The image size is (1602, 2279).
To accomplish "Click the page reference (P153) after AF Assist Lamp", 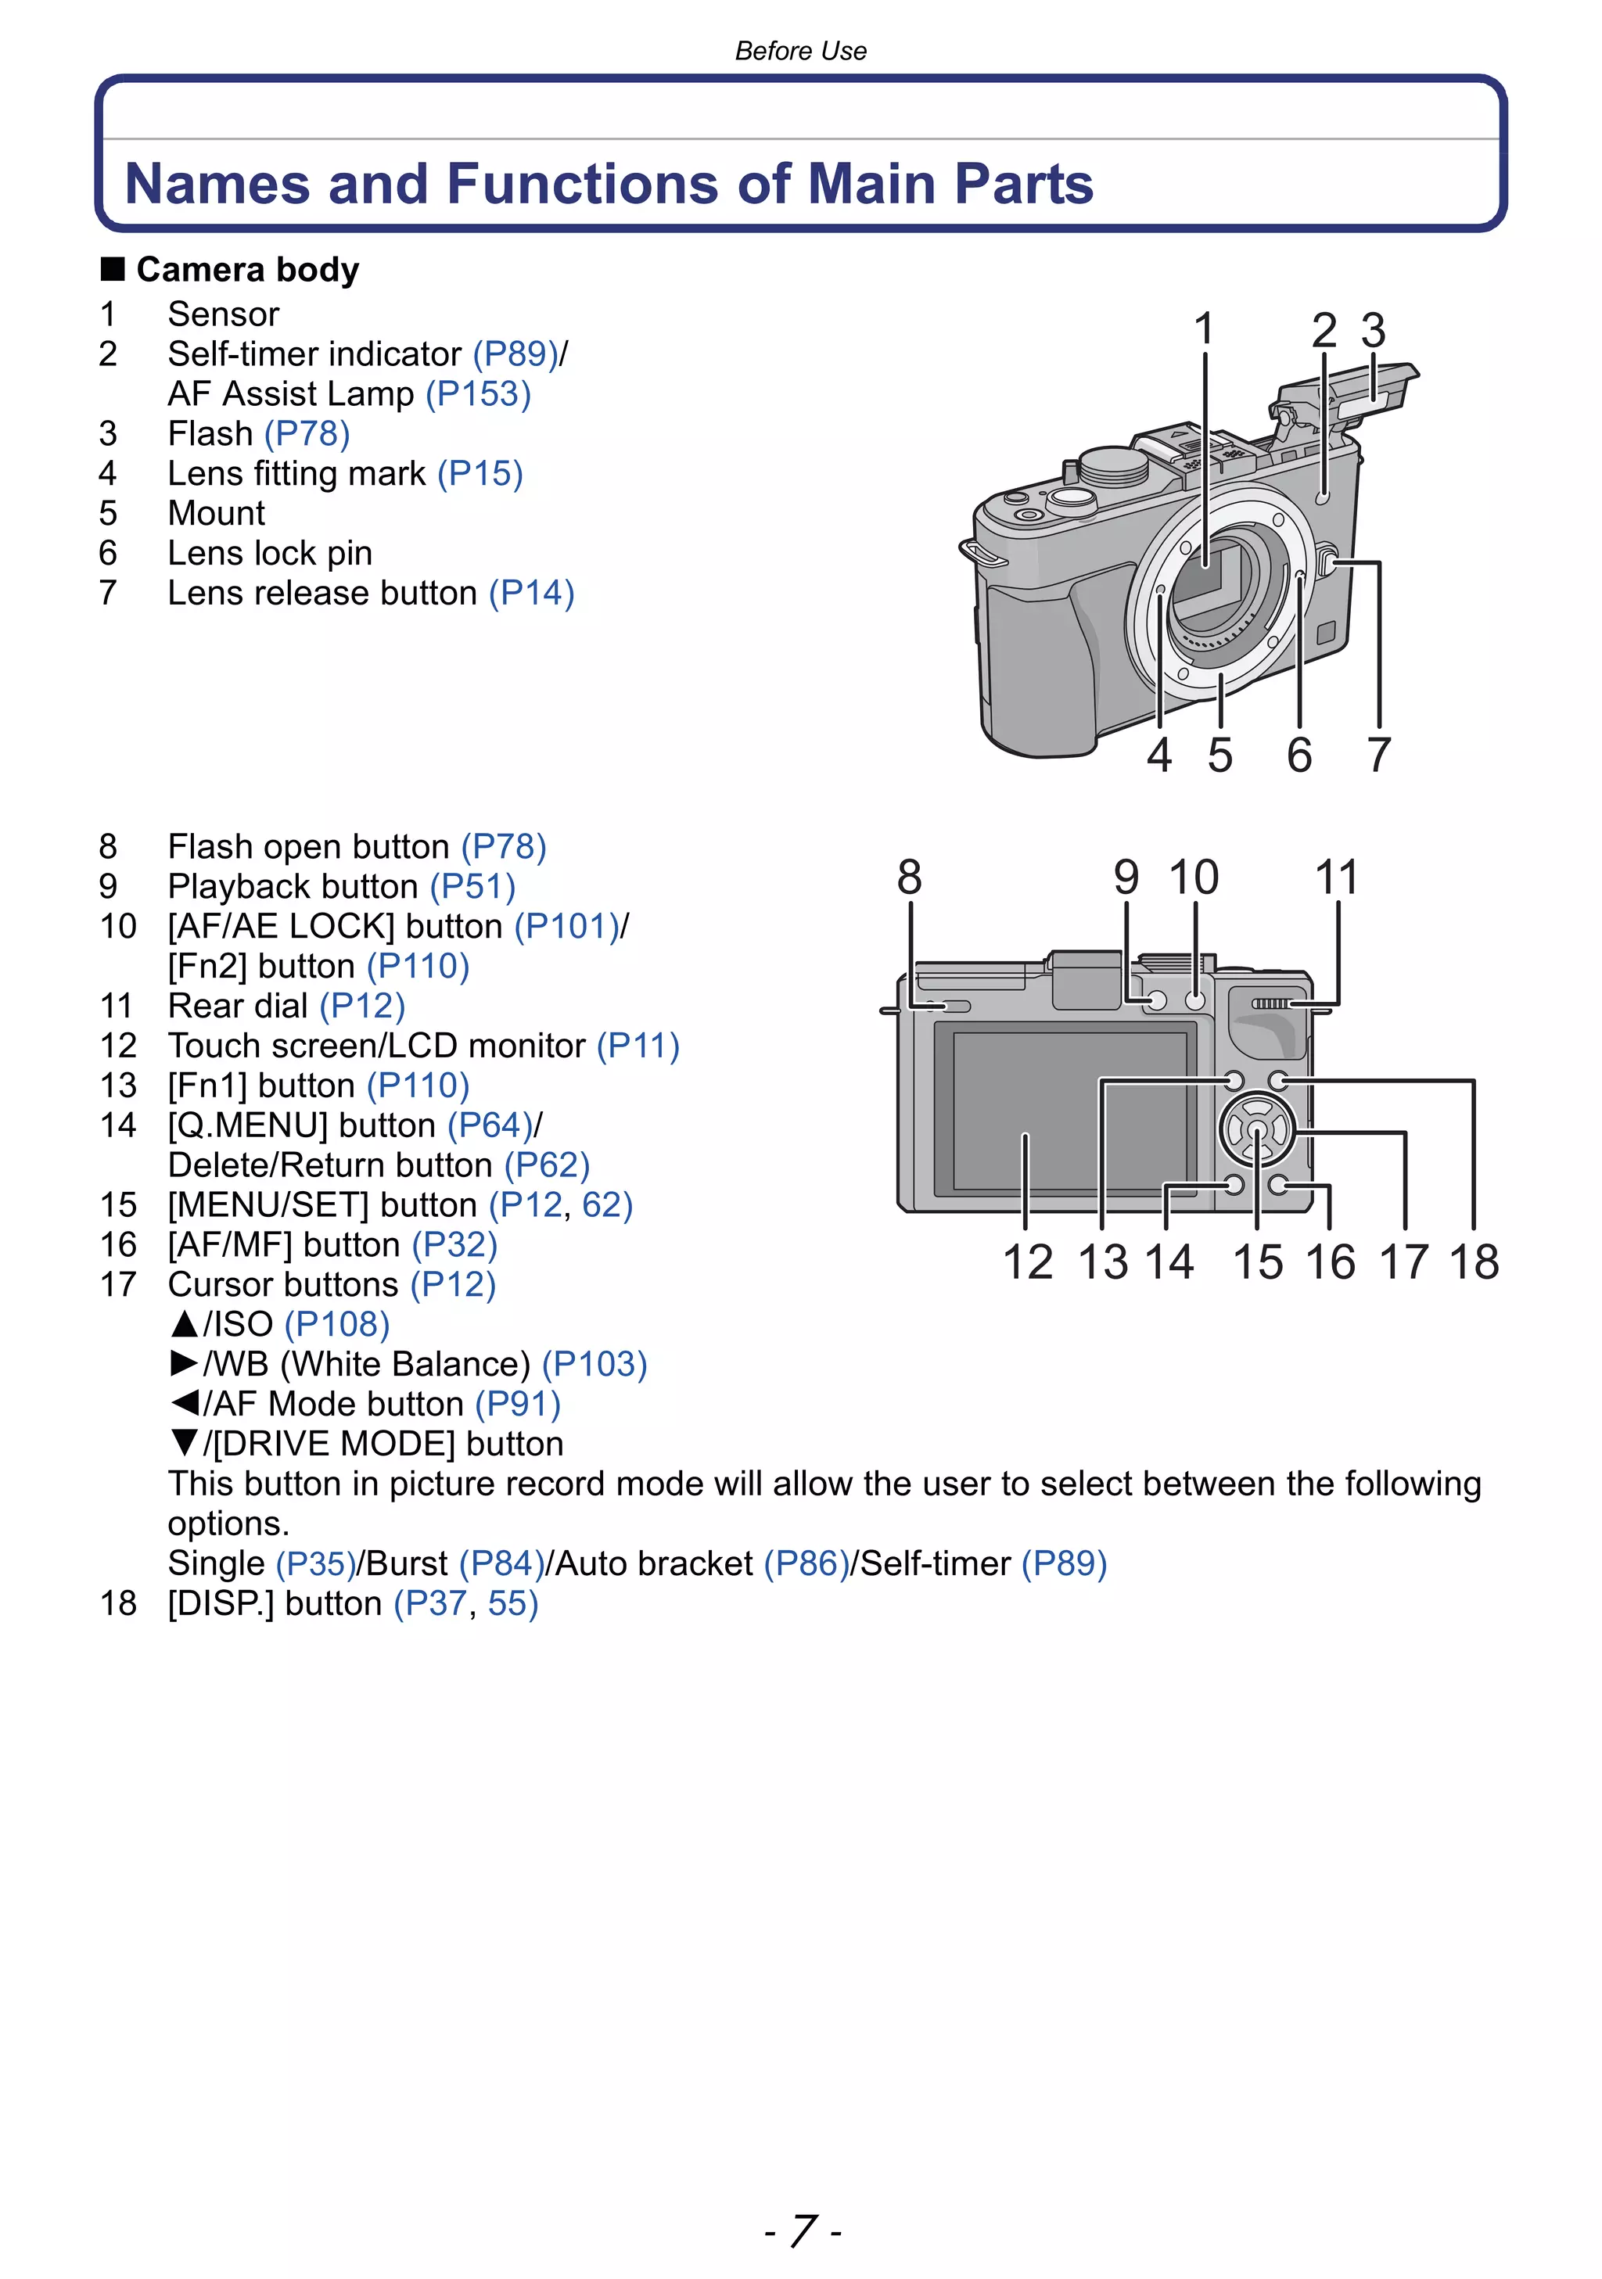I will (479, 394).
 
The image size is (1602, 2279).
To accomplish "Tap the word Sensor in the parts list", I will (224, 314).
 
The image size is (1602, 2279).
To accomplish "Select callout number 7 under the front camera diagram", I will (1378, 755).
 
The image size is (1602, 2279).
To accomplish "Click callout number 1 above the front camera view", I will (1203, 329).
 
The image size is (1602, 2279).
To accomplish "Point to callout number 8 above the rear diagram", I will (909, 878).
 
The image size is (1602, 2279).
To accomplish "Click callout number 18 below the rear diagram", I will (1473, 1262).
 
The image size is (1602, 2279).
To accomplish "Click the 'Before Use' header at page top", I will (800, 51).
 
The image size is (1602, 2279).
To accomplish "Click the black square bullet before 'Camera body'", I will (112, 269).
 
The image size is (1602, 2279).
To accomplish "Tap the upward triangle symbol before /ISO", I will (184, 1324).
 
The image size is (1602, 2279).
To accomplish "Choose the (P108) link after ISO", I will (337, 1324).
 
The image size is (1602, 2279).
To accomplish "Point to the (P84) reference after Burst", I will (502, 1563).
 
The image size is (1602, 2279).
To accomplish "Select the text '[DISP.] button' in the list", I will (274, 1603).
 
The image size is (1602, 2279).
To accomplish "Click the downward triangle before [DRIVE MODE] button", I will (184, 1443).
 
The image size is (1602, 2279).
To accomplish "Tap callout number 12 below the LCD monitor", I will (1027, 1262).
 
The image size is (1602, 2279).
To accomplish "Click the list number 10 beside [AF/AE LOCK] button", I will (117, 926).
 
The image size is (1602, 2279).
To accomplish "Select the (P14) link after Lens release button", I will (531, 594).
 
